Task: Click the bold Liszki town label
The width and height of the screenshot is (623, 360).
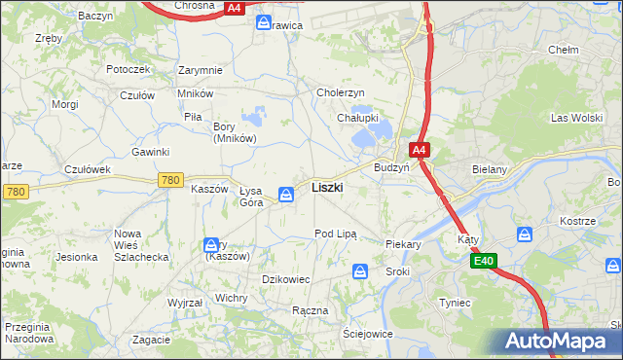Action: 326,188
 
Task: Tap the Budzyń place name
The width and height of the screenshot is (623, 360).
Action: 391,167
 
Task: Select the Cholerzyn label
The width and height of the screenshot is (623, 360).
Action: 341,92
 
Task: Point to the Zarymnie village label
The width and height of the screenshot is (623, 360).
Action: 201,70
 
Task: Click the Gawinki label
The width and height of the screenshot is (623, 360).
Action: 151,152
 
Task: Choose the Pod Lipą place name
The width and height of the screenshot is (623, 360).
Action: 336,234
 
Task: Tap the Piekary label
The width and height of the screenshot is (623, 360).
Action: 403,245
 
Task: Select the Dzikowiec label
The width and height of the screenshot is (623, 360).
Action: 286,279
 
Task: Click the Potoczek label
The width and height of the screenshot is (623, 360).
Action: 128,70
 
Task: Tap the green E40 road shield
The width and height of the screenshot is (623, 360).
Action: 485,261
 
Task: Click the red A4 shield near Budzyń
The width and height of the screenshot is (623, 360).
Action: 419,151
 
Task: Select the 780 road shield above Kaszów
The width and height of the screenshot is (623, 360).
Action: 170,180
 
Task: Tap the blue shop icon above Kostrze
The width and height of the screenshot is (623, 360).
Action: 525,234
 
